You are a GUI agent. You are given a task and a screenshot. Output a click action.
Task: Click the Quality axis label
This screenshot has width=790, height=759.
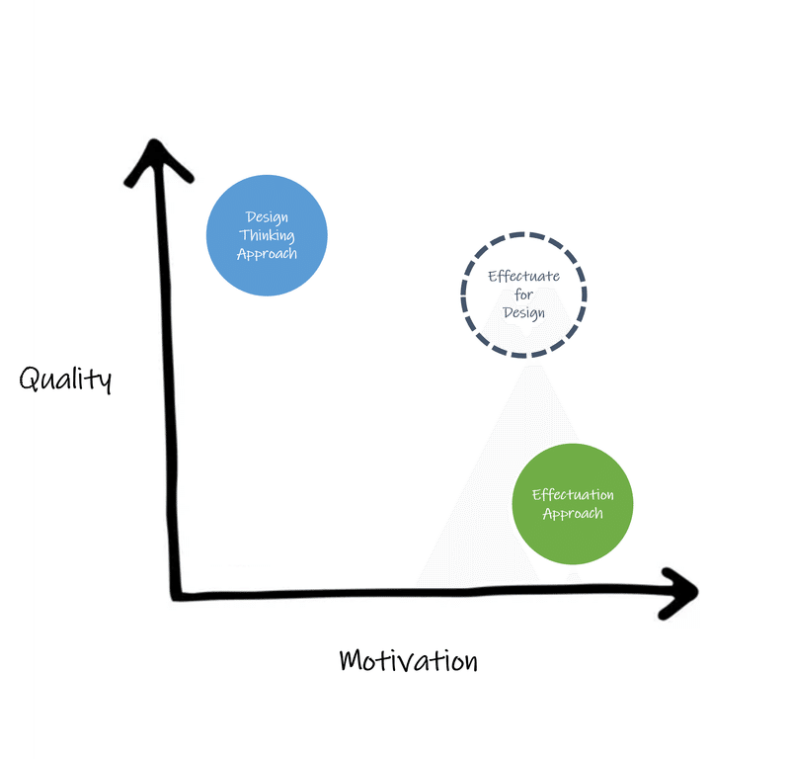click(x=65, y=379)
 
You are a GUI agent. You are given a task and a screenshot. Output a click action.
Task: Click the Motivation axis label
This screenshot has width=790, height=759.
click(x=409, y=660)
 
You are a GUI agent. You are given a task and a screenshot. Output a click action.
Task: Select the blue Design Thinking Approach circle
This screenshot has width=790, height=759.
click(x=267, y=235)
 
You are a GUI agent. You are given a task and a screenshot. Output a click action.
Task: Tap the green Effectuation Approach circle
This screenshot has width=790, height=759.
click(x=573, y=504)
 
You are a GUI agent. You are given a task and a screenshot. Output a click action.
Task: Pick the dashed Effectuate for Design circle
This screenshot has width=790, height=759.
click(x=462, y=295)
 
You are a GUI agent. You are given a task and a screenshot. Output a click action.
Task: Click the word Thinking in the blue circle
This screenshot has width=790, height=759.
click(x=267, y=235)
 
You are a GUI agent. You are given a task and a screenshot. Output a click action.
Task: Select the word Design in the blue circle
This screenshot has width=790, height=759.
click(x=267, y=217)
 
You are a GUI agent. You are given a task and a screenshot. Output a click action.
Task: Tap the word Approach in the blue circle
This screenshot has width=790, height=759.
click(x=267, y=254)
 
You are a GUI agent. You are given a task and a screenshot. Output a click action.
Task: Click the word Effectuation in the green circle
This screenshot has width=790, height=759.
click(x=573, y=495)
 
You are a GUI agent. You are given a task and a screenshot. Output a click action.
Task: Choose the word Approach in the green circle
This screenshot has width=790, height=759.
click(x=573, y=513)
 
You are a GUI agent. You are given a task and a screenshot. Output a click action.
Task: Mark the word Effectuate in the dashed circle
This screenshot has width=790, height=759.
click(x=524, y=277)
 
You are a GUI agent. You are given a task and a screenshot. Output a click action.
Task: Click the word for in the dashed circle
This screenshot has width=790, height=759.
click(x=524, y=295)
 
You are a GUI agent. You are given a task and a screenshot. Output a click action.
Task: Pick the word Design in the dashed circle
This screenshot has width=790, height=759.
click(x=524, y=313)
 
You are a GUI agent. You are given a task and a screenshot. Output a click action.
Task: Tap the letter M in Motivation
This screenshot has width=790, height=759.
click(x=352, y=660)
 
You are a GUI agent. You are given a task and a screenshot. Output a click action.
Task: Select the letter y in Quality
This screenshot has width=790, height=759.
click(x=105, y=381)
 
